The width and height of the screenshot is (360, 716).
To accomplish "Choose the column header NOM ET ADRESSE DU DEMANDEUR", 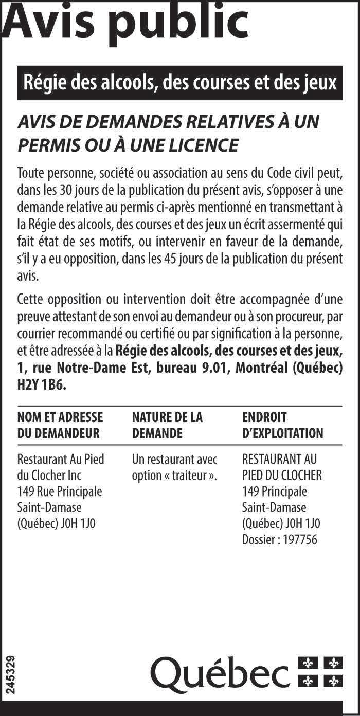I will [60, 425].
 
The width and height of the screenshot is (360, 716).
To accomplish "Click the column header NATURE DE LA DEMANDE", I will [167, 425].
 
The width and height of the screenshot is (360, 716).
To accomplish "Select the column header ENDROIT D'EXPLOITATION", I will [282, 425].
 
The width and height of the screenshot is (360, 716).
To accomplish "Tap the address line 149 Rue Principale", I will [60, 491].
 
